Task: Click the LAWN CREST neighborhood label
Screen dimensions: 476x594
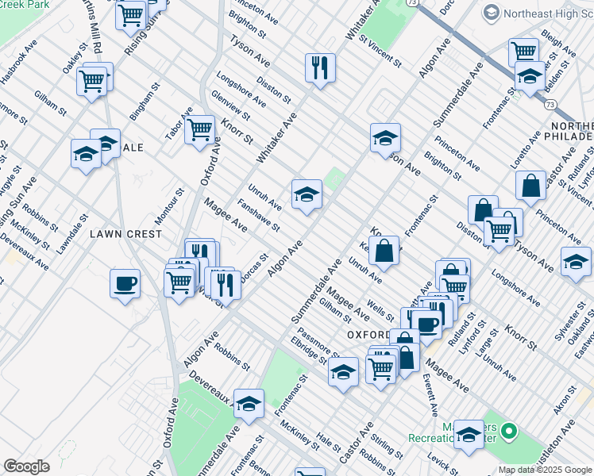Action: point(125,234)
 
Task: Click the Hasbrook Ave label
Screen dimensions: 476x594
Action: point(20,59)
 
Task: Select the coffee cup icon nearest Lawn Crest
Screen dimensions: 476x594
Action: point(125,283)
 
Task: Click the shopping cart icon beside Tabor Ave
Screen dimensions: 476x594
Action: point(199,127)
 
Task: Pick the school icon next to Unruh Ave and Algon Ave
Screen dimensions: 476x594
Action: point(307,194)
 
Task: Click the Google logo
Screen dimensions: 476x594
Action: point(27,466)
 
